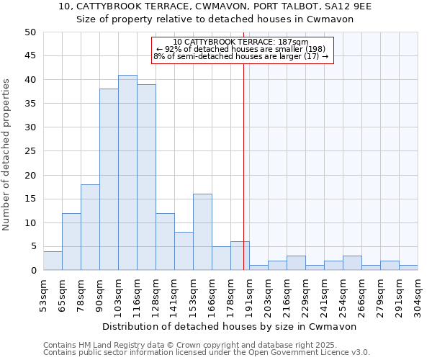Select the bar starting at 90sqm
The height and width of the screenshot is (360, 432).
click(109, 180)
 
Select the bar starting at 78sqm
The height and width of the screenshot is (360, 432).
click(90, 228)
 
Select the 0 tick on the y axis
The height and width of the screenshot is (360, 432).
click(33, 270)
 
